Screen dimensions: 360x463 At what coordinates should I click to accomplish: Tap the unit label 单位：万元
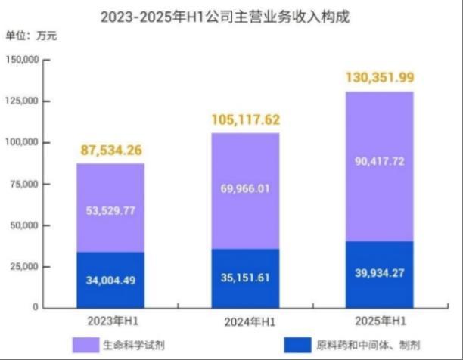coord(31,36)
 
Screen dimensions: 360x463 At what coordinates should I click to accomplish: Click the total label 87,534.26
coord(110,151)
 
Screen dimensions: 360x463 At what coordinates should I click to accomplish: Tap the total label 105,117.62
coord(244,119)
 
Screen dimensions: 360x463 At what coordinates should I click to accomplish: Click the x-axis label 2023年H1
coord(110,321)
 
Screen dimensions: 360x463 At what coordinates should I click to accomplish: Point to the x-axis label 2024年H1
coord(244,322)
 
